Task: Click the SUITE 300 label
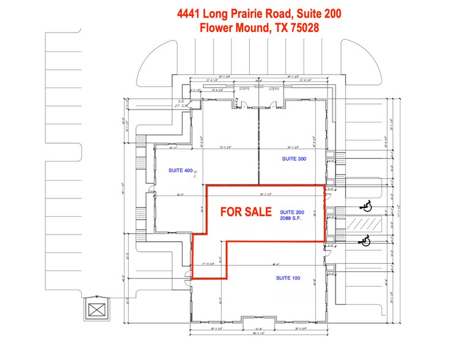click(294, 159)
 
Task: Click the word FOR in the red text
click(231, 212)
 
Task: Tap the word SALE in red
click(259, 212)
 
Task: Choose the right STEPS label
click(274, 89)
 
